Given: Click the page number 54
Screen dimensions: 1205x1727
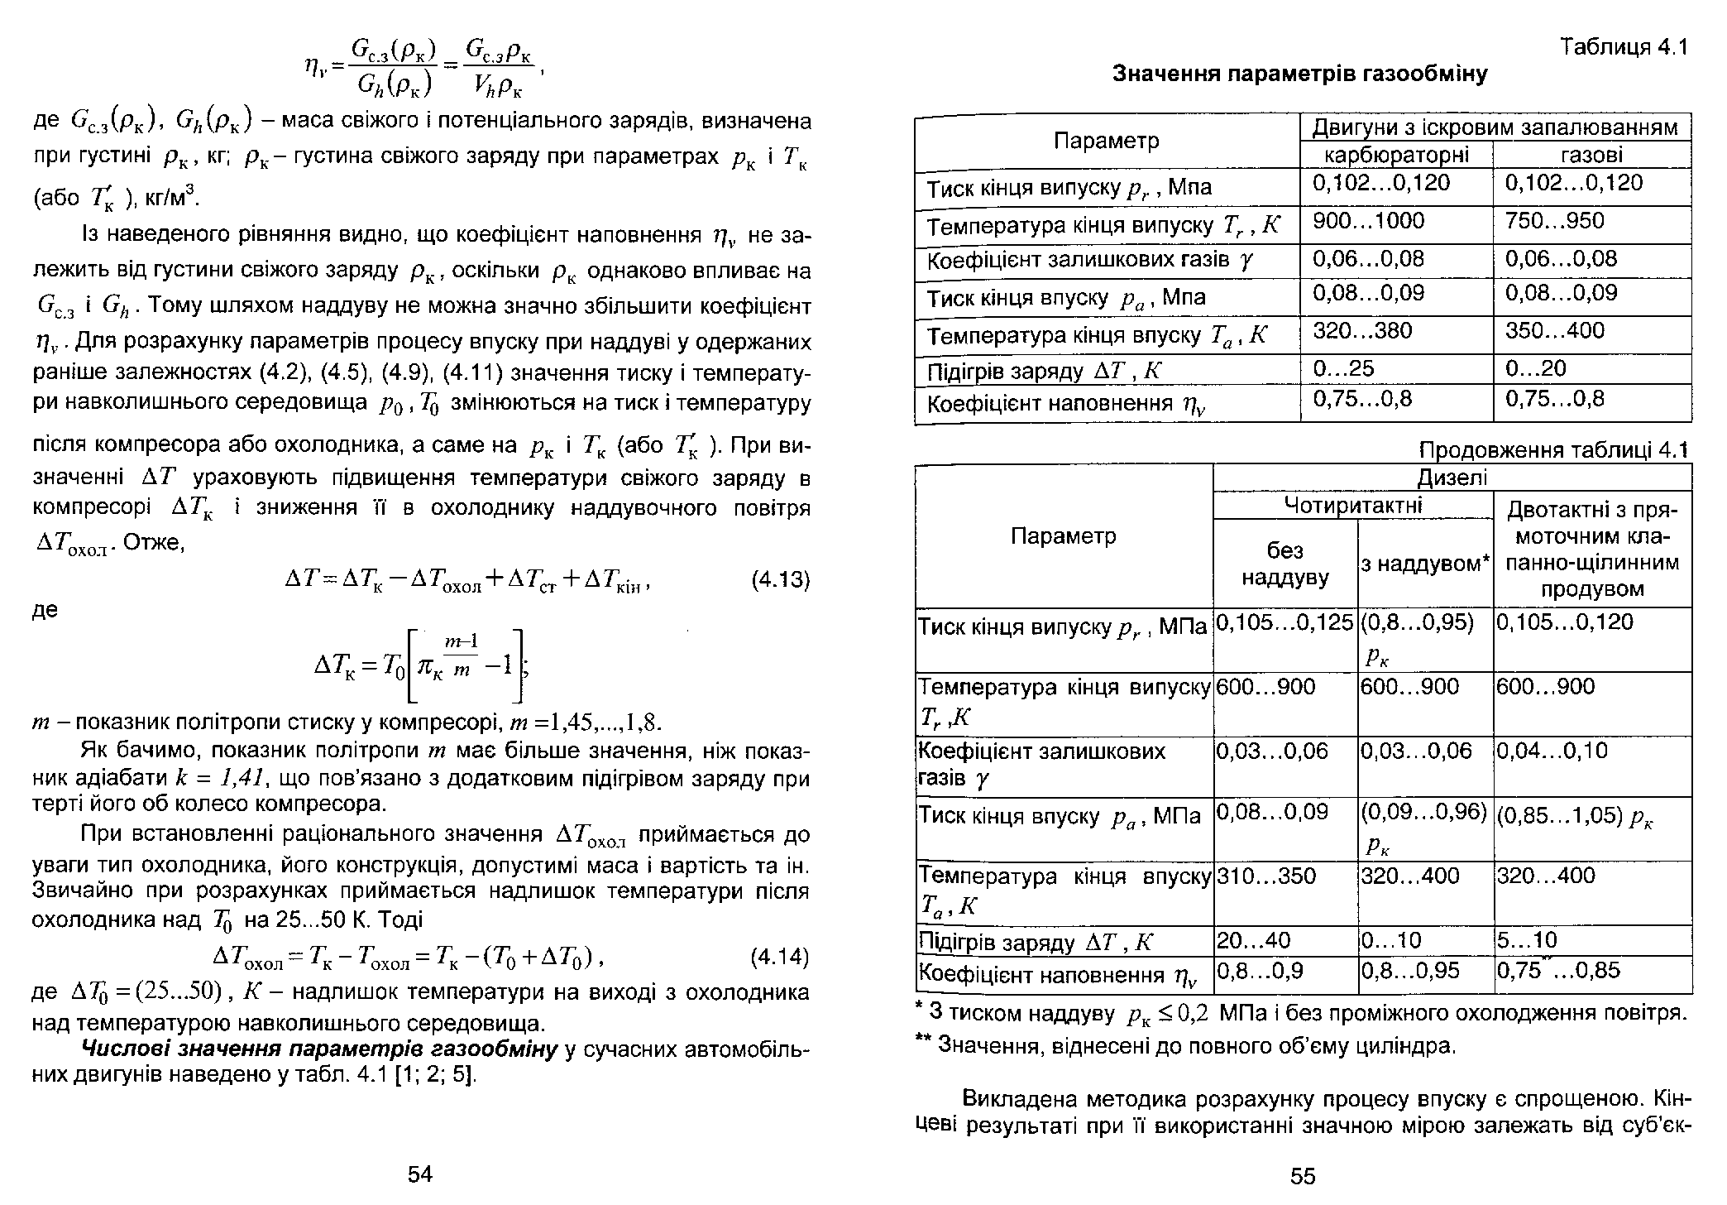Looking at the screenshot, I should point(420,1174).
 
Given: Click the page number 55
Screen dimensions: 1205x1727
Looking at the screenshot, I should point(1303,1176).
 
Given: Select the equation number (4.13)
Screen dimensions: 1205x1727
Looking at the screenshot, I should point(779,579).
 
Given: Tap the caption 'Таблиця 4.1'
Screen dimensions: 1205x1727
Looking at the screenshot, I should point(1623,47).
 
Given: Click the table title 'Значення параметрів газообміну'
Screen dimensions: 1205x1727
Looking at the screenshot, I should point(1300,74).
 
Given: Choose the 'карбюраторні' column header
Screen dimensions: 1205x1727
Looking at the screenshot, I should point(1397,155).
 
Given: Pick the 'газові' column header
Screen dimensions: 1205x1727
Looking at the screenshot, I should point(1591,155).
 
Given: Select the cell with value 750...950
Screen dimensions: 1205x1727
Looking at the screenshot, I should point(1554,221).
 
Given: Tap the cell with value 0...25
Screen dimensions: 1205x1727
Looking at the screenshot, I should point(1343,368).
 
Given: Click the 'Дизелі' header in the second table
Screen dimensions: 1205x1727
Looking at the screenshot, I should point(1452,478).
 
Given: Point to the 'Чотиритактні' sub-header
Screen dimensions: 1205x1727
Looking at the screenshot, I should point(1352,505).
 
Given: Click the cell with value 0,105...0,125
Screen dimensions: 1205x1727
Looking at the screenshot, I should point(1284,622).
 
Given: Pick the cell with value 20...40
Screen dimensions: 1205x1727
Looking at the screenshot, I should point(1253,940).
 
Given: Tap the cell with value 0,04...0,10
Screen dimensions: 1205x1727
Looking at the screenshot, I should point(1552,751).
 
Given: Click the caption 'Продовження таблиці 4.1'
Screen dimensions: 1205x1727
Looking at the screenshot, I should point(1552,450).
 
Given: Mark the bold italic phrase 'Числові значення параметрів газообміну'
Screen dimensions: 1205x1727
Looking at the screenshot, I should point(320,1050).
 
